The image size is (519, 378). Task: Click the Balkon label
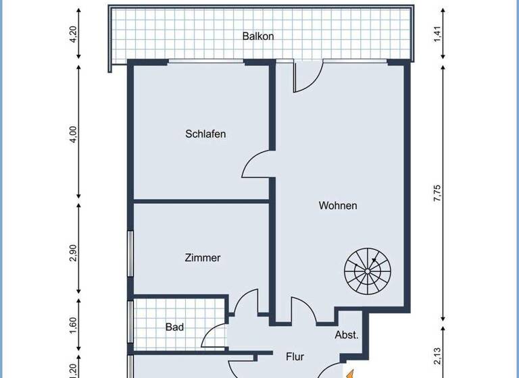[x=258, y=36]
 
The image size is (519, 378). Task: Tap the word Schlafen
[x=205, y=134]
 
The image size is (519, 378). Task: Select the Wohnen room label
[x=338, y=205]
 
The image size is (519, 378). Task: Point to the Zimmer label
[x=203, y=257]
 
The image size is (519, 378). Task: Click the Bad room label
[x=175, y=327]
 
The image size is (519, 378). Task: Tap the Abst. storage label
[x=347, y=335]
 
